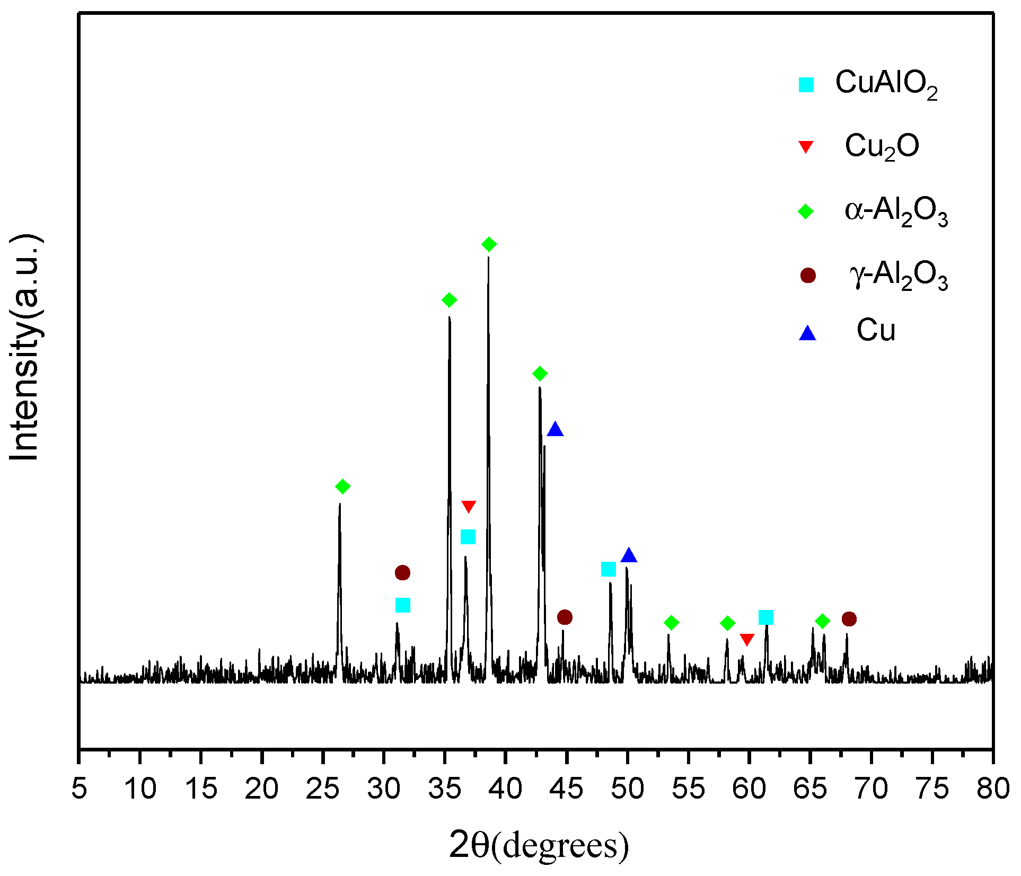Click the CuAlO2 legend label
886,84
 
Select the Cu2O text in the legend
882,147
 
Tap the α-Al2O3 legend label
896,211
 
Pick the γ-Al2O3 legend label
898,276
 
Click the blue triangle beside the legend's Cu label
807,333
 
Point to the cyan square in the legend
806,85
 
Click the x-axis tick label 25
322,789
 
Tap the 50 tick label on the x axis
627,789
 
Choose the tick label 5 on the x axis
79,789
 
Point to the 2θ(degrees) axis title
539,846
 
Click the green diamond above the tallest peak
489,244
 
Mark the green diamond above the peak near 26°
343,486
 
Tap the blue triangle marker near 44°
555,429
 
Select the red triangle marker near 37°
469,507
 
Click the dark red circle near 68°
849,619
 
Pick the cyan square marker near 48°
609,570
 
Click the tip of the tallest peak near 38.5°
488,258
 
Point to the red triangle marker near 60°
747,640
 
